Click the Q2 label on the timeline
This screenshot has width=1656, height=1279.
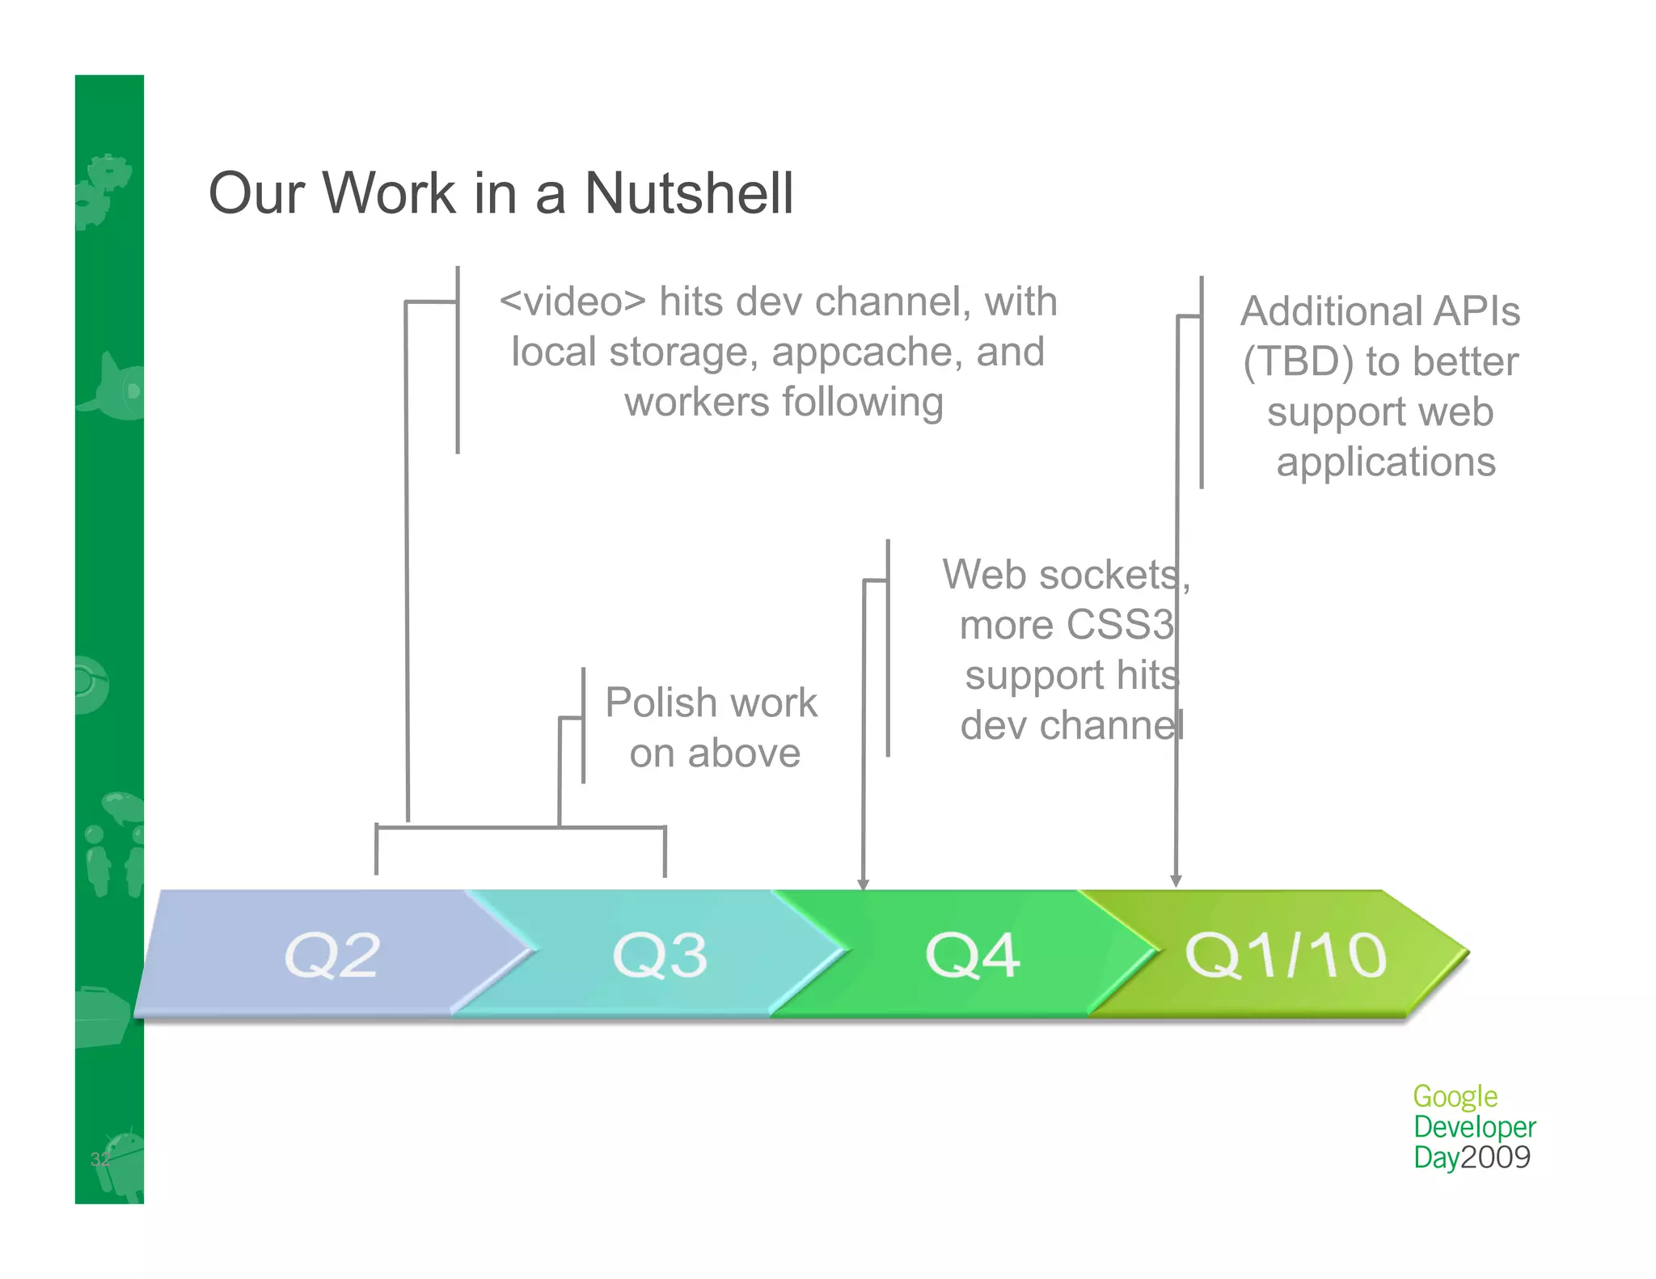(332, 955)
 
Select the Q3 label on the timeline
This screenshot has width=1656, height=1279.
(660, 955)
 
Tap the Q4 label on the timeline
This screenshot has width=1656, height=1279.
(972, 955)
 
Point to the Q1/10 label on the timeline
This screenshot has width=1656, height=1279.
(1286, 955)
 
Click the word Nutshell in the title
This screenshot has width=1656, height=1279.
(689, 194)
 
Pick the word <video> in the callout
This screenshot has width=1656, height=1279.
(572, 302)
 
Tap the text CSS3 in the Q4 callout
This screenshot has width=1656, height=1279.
(1120, 625)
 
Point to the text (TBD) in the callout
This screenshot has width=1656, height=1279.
(1298, 362)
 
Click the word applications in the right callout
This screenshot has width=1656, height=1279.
(1386, 462)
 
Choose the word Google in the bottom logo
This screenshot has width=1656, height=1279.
(1455, 1097)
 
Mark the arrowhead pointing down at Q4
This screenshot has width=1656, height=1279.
(864, 884)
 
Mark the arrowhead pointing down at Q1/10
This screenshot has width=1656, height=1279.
(1177, 880)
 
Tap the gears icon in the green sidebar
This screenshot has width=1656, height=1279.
(103, 190)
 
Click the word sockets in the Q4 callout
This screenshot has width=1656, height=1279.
(1114, 576)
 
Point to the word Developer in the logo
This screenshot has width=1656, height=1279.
(1474, 1127)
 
